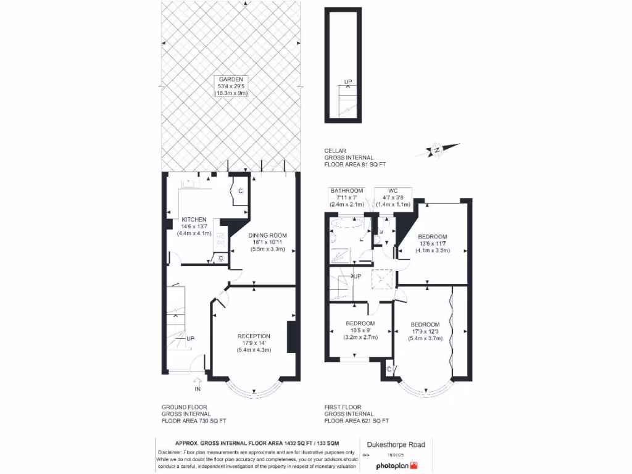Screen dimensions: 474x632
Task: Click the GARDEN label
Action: coord(230,80)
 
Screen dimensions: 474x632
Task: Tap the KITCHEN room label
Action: coord(194,220)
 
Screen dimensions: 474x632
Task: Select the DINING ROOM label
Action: coord(267,235)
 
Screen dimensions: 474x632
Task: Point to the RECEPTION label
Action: coord(254,336)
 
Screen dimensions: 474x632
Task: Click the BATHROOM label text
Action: coord(346,190)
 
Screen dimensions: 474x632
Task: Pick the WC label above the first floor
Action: coord(393,190)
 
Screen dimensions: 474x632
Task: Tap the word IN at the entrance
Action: coord(197,389)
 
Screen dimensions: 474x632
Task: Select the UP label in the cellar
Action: coord(348,81)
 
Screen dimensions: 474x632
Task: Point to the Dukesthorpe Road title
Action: coord(396,444)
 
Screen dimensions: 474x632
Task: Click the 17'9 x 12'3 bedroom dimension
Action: coord(425,331)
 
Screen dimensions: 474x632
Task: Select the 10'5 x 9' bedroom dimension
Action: coord(360,330)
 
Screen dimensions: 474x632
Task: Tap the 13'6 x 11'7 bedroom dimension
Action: coord(433,243)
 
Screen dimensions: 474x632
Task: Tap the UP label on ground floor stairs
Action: coord(190,338)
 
